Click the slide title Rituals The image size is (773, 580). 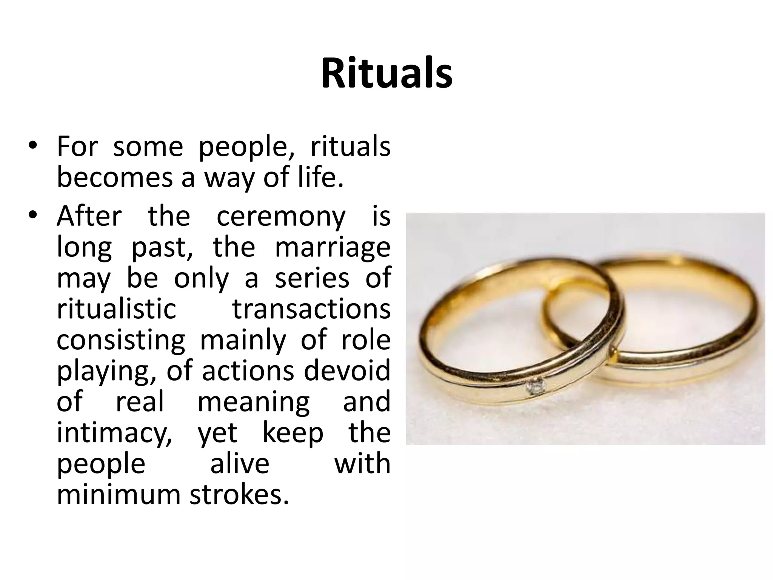pos(386,74)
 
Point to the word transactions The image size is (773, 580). pos(311,309)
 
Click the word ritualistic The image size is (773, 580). pos(116,309)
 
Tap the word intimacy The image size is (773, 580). pos(114,434)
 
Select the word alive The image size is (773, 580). pos(240,464)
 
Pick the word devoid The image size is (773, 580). pos(347,371)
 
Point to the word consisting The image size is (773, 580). pos(121,340)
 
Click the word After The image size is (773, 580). pos(89,217)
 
